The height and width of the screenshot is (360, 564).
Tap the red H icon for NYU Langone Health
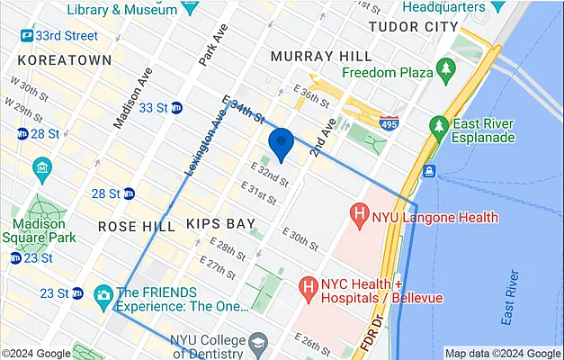360,216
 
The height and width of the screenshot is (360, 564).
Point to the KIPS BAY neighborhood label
220,223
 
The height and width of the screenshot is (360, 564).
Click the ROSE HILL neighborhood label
136,226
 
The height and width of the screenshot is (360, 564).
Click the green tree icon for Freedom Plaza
443,68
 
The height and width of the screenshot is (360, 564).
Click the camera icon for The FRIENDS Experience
103,293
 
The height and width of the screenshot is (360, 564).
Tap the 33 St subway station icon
177,108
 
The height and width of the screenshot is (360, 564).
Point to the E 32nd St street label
270,175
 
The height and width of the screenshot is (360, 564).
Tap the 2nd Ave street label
323,135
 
